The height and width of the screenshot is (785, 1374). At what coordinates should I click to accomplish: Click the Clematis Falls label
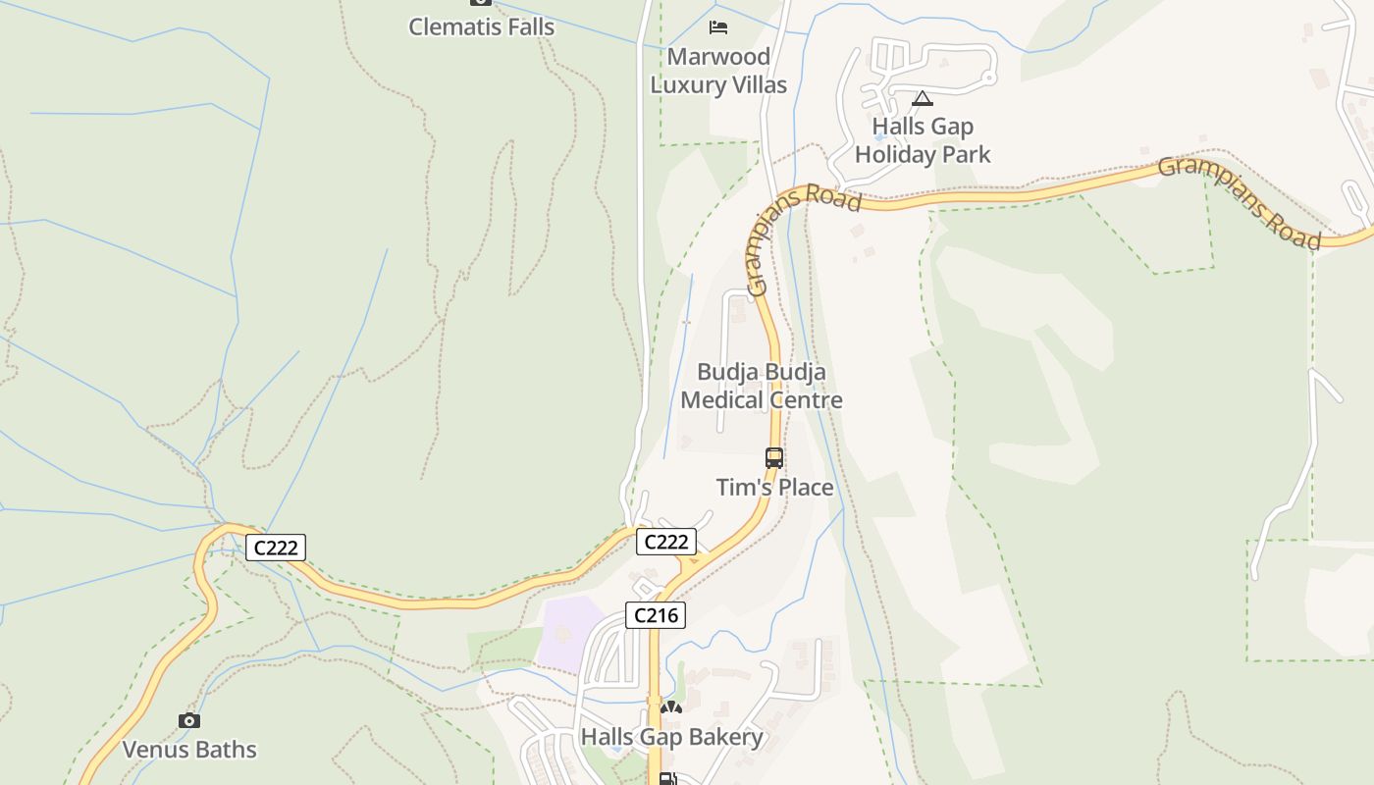(481, 26)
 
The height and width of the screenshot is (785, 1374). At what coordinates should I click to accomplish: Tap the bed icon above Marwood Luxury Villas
(718, 26)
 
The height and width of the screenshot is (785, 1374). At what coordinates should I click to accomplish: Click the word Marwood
(718, 57)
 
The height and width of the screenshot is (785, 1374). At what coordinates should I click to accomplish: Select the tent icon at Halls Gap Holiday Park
(922, 98)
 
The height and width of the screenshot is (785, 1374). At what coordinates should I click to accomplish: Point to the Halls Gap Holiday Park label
(923, 140)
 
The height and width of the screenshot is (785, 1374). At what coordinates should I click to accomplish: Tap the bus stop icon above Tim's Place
(774, 457)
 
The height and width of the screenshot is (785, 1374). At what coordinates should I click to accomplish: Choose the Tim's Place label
(774, 488)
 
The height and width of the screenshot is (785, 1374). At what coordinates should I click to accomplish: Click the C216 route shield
(656, 615)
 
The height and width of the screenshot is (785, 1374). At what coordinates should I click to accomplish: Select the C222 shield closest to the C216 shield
(666, 541)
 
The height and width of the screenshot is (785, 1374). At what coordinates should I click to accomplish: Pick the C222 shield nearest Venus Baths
(276, 548)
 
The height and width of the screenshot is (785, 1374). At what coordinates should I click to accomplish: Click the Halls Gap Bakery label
(671, 737)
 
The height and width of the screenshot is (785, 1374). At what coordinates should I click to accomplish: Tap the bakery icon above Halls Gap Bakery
(671, 707)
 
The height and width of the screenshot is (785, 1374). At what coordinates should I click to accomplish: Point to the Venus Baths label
(189, 750)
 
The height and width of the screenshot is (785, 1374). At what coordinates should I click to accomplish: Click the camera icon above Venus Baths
(189, 721)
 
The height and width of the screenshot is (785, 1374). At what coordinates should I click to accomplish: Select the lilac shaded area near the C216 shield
(572, 633)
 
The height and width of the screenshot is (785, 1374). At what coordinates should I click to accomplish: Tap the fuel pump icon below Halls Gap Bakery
(667, 779)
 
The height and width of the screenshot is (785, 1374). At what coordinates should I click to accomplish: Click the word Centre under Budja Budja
(803, 400)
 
